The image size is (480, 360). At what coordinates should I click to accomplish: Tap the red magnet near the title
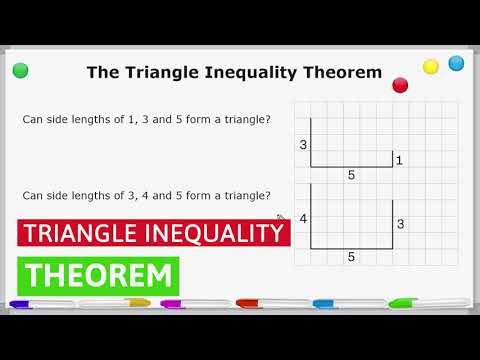click(401, 85)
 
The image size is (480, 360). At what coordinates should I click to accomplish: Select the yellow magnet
click(431, 66)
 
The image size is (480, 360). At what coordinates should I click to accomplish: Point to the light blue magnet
click(457, 63)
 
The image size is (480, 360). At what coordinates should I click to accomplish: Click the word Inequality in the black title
click(249, 72)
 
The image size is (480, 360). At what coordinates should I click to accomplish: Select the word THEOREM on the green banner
click(97, 274)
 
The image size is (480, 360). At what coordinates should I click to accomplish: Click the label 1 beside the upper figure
click(399, 160)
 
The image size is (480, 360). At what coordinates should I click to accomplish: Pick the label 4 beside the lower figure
click(302, 219)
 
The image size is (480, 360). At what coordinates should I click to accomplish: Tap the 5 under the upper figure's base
click(351, 175)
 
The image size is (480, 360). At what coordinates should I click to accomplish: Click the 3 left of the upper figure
click(302, 145)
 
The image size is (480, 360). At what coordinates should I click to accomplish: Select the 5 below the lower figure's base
click(351, 257)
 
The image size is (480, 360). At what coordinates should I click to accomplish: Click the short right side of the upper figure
click(392, 159)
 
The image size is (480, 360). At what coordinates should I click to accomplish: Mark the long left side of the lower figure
click(311, 216)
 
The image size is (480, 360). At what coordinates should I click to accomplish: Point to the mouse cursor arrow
click(281, 218)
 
